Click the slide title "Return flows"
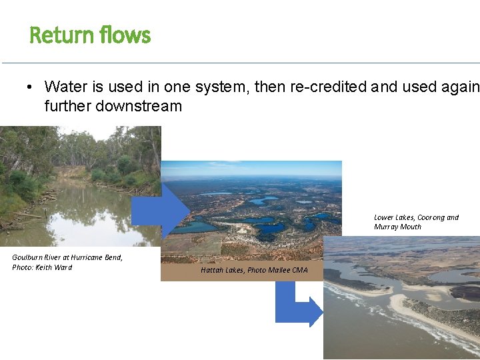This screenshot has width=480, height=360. [90, 35]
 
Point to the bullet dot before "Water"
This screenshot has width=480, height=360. [31, 87]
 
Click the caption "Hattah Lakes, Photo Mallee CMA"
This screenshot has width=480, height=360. [254, 270]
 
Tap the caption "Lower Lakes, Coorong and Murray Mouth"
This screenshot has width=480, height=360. [416, 222]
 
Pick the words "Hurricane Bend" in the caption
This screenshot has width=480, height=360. [95, 257]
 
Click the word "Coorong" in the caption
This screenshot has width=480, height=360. [430, 217]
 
